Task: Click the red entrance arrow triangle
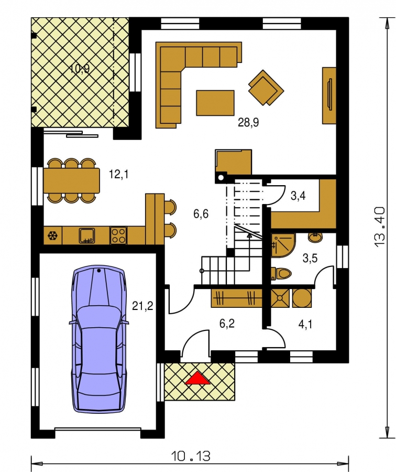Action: (x=197, y=378)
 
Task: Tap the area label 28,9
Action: (x=248, y=123)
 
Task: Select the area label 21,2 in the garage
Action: (x=142, y=306)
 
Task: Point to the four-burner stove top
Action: (x=118, y=235)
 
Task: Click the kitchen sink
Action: (x=87, y=235)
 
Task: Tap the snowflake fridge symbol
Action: (x=52, y=235)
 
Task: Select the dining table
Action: (x=72, y=180)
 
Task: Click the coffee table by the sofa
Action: (x=215, y=103)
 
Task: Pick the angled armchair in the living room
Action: (x=266, y=88)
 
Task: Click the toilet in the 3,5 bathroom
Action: (x=281, y=274)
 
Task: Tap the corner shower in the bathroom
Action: (x=283, y=245)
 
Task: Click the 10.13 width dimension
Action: (x=191, y=456)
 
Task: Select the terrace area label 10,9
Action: (x=80, y=69)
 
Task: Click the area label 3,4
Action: (x=298, y=196)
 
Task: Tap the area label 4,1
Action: (x=305, y=325)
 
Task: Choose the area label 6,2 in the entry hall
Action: (x=227, y=324)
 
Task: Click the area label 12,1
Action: (x=118, y=174)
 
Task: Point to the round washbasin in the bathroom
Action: (x=315, y=237)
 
